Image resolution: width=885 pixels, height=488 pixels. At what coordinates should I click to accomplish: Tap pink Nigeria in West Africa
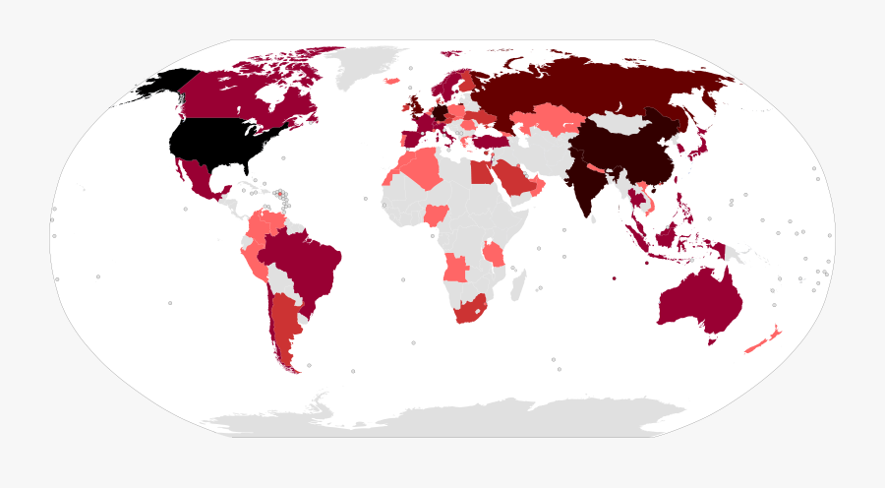pos(436,214)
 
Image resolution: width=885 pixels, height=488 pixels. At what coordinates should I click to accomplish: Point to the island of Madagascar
pos(514,285)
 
